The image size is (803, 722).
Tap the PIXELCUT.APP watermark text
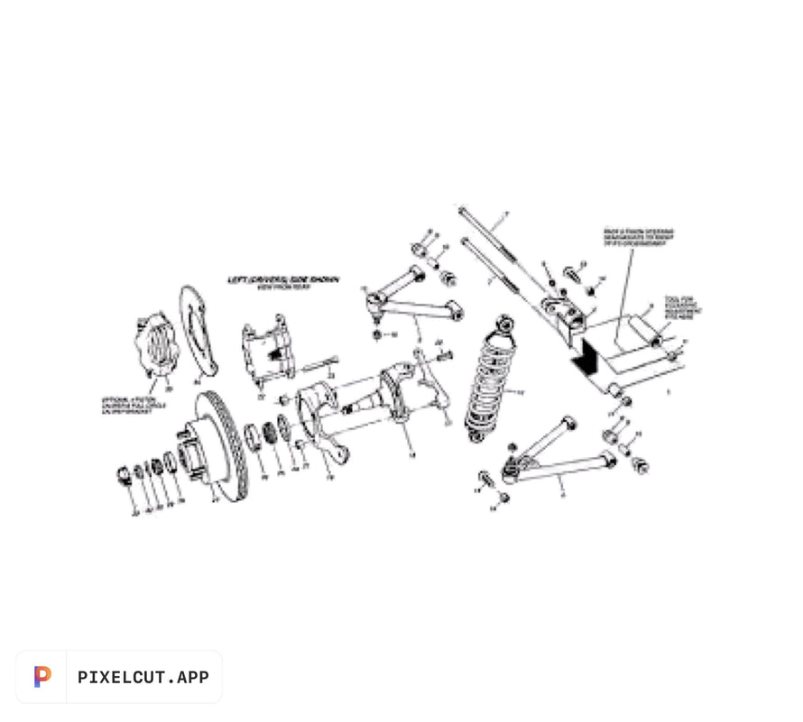click(143, 677)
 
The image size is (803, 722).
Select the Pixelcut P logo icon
click(42, 677)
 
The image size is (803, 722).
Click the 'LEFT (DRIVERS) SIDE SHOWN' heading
click(283, 279)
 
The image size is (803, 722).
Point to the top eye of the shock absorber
click(505, 321)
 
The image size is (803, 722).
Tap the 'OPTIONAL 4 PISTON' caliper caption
click(132, 401)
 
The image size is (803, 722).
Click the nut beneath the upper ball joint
click(376, 334)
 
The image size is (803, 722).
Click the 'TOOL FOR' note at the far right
click(682, 306)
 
